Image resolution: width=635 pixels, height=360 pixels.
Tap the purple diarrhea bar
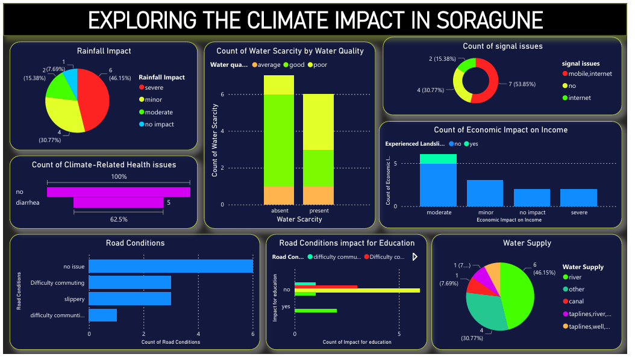coord(118,203)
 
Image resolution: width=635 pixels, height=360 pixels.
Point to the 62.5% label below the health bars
coord(119,219)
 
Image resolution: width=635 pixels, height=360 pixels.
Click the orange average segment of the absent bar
coord(278,195)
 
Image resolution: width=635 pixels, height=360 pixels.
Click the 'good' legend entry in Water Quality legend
coord(296,64)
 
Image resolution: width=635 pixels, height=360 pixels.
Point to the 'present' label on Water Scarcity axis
coord(318,211)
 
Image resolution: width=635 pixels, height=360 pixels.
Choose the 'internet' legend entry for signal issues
coord(580,98)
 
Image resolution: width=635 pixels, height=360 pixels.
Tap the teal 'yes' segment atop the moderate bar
coord(438,158)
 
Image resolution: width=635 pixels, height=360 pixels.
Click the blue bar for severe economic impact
coord(578,197)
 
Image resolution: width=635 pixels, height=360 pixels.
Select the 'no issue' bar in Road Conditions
coord(170,265)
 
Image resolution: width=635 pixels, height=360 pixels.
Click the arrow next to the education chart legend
coord(414,257)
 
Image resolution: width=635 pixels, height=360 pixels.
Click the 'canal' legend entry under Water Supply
coord(576,301)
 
